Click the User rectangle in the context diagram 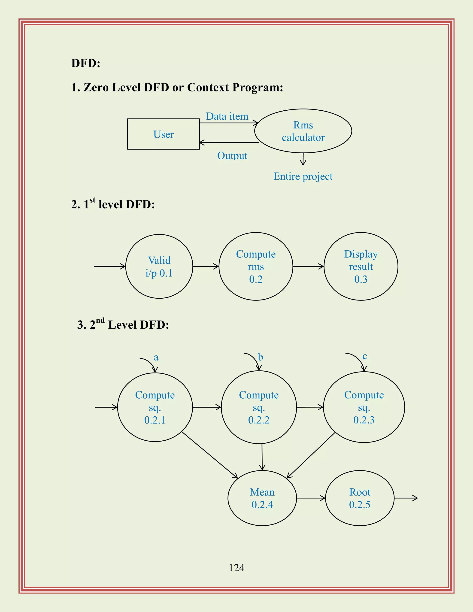163,134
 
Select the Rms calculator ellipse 303,131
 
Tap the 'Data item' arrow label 227,116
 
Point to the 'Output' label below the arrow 232,155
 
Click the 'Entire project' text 303,176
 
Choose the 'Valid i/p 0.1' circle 159,267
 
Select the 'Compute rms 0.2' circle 256,267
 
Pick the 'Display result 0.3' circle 361,267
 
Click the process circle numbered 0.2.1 155,407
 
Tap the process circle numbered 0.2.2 259,407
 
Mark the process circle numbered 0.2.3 364,407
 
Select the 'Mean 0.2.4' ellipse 262,498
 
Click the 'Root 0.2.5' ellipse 360,498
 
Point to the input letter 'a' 156,358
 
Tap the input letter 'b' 261,357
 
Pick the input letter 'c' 364,356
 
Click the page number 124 236,568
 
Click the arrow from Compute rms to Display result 308,267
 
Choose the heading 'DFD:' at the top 86,63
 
